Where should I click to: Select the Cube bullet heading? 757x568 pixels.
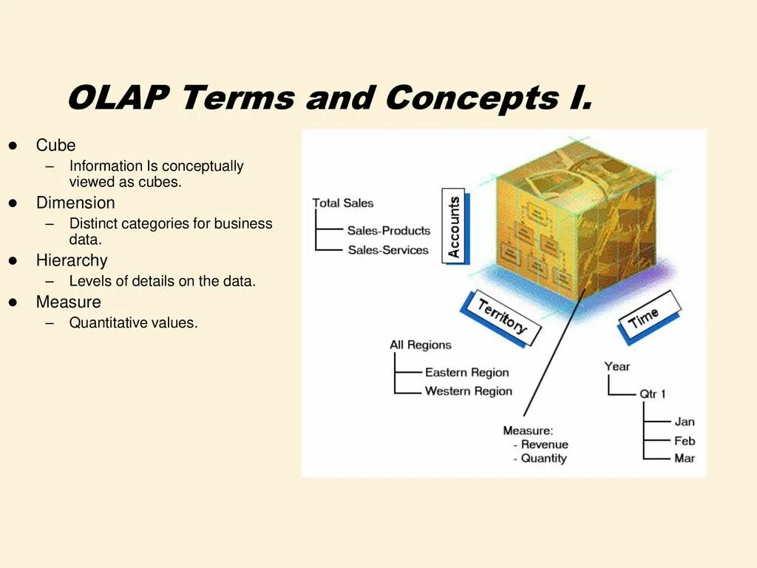pyautogui.click(x=55, y=146)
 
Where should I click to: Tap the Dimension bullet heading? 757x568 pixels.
pyautogui.click(x=75, y=203)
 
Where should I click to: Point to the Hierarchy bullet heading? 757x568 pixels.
pyautogui.click(x=72, y=260)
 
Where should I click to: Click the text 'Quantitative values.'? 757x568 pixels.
pyautogui.click(x=134, y=322)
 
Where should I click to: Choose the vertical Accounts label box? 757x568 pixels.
pyautogui.click(x=454, y=226)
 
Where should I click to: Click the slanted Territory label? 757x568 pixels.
pyautogui.click(x=502, y=317)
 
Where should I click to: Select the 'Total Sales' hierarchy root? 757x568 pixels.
pyautogui.click(x=343, y=203)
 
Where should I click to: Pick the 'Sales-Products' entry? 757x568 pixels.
pyautogui.click(x=388, y=231)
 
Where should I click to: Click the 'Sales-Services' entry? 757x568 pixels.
pyautogui.click(x=388, y=250)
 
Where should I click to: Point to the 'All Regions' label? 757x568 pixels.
pyautogui.click(x=420, y=345)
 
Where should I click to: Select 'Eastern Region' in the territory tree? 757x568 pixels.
pyautogui.click(x=466, y=373)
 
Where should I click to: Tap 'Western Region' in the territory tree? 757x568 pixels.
pyautogui.click(x=468, y=391)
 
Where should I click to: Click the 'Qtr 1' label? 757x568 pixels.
pyautogui.click(x=653, y=394)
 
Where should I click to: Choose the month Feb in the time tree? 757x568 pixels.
pyautogui.click(x=685, y=441)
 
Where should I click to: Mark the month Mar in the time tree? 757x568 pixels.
pyautogui.click(x=685, y=459)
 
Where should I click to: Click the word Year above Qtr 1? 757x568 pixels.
pyautogui.click(x=617, y=366)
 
